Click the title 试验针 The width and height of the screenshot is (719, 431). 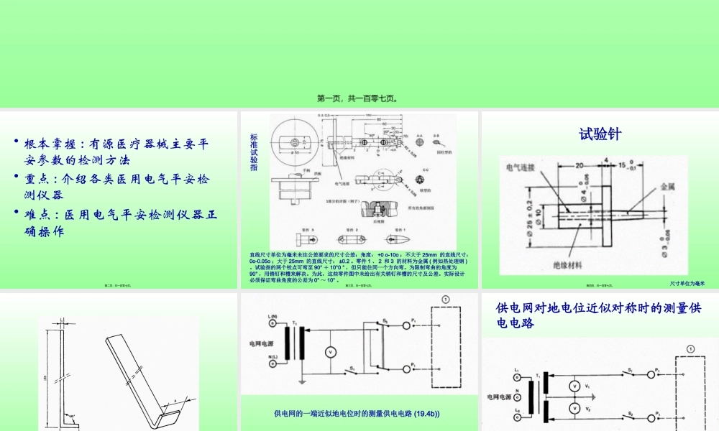tap(600, 134)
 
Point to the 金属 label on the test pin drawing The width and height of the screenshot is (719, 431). tap(668, 185)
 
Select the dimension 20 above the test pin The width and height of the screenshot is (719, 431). tap(579, 164)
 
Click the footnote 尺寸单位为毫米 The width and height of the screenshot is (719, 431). tap(687, 284)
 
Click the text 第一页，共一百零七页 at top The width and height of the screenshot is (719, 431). tap(359, 98)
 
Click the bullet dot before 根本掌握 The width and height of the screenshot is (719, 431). tap(17, 143)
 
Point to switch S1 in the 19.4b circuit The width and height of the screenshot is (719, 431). tap(352, 368)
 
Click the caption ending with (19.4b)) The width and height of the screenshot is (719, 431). tap(357, 414)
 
